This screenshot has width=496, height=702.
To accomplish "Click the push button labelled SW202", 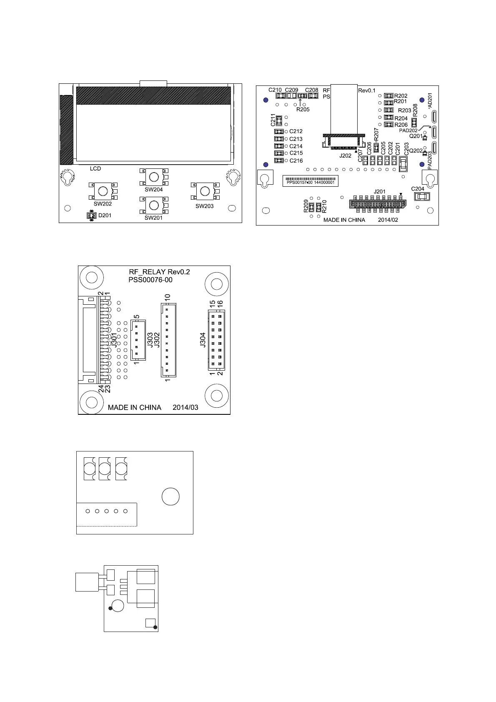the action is [103, 191].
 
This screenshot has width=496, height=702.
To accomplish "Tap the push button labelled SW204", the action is [154, 177].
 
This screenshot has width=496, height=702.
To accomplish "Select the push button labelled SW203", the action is [204, 191].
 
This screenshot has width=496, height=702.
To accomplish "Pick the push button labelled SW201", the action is [154, 205].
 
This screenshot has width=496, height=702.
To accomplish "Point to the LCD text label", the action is [95, 169].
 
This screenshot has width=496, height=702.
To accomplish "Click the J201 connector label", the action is [380, 192].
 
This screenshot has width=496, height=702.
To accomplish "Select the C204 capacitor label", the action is [418, 189].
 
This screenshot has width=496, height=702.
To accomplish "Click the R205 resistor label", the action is [303, 110].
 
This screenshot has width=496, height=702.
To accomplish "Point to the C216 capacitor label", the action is [296, 161].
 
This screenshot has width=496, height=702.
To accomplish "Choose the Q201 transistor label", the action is [416, 136].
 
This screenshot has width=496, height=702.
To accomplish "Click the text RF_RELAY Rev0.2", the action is [160, 272].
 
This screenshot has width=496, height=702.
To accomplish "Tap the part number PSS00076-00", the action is [150, 280].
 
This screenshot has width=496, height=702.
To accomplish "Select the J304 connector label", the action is [203, 339].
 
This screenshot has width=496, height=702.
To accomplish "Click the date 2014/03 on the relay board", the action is [185, 408].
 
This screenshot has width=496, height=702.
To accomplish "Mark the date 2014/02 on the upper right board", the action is [388, 220].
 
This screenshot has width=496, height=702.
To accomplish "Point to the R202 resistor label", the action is [401, 96].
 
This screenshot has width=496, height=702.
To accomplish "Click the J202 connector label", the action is [346, 155].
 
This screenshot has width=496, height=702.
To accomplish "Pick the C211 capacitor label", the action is [273, 120].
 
